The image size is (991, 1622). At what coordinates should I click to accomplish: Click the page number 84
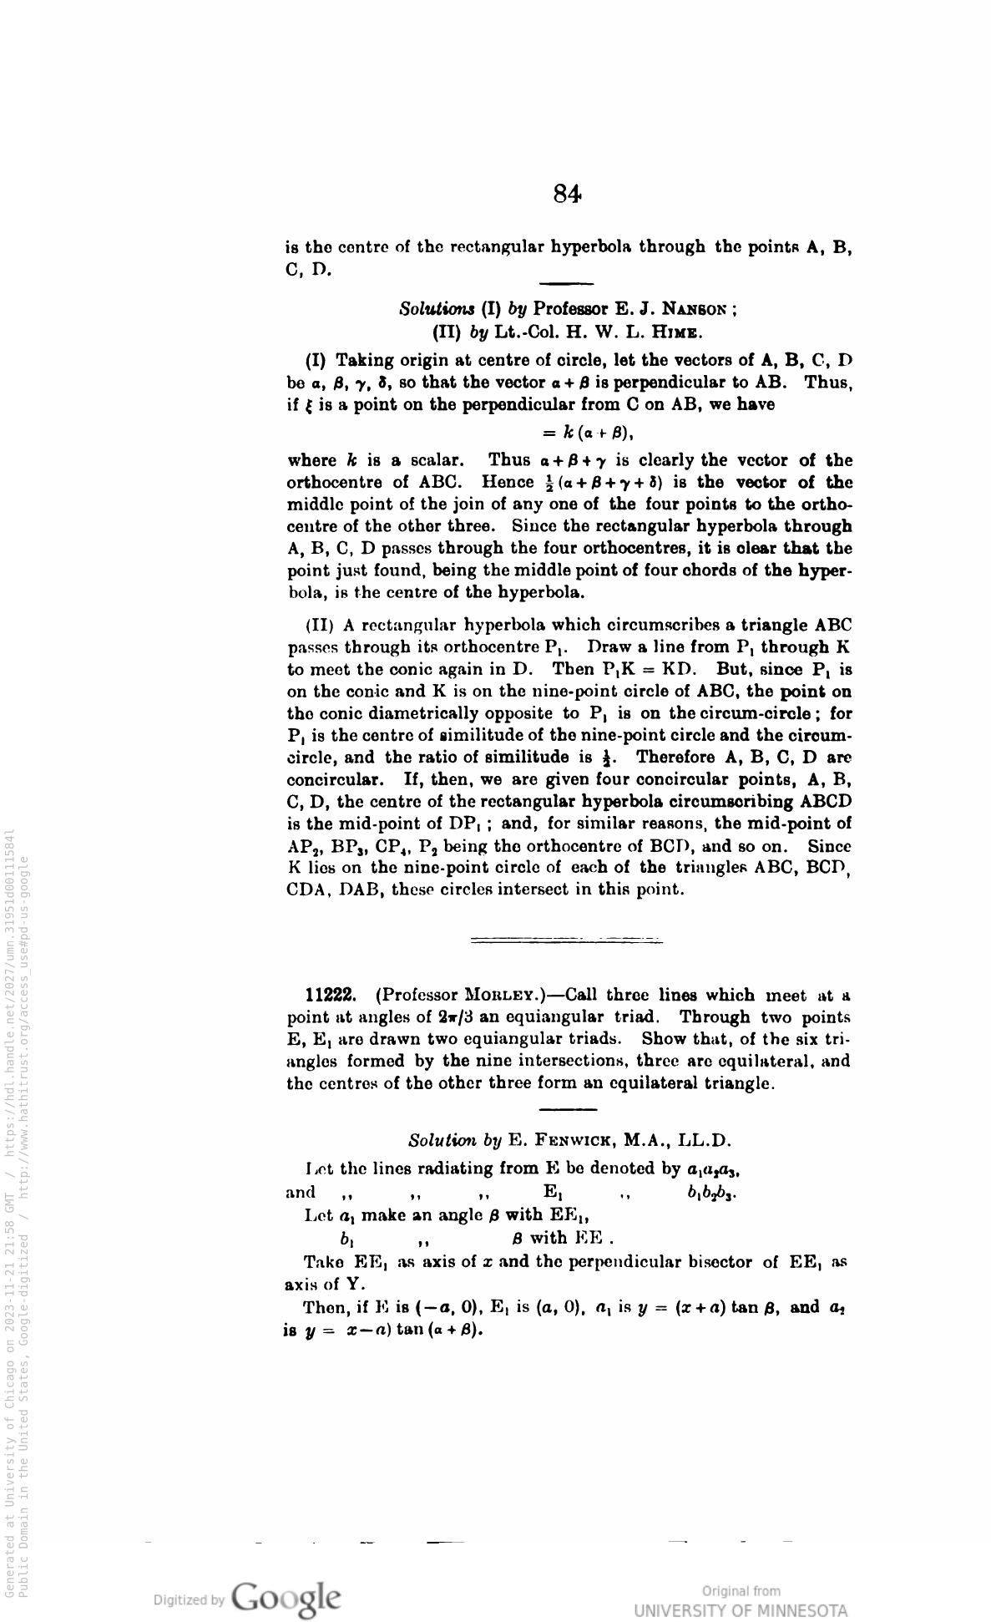pos(567,195)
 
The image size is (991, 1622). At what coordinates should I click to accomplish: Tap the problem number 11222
pos(331,996)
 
